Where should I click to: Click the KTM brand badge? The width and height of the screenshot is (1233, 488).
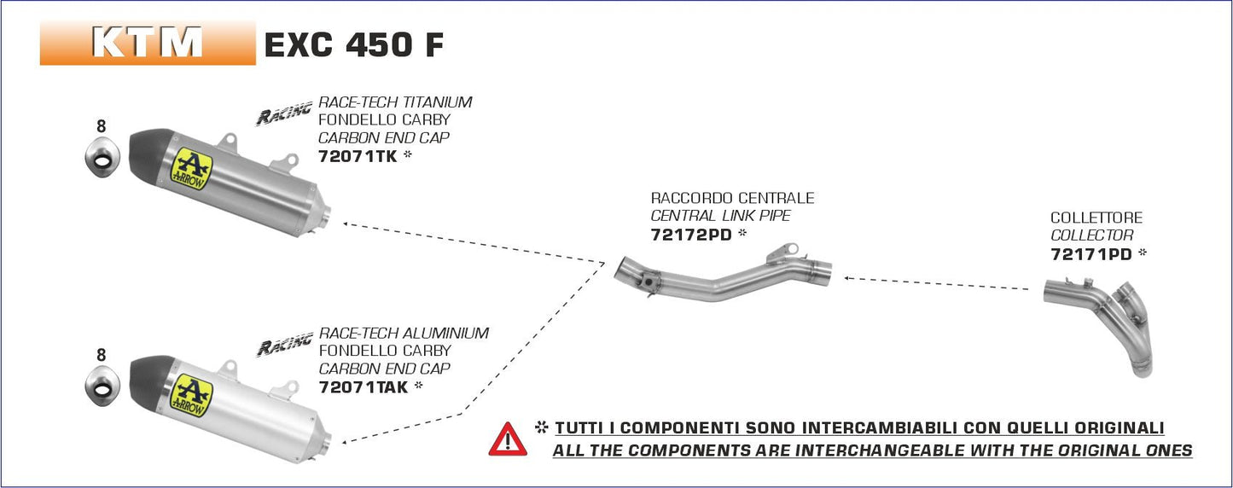pos(148,44)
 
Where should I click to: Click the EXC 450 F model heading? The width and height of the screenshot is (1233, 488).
pos(353,45)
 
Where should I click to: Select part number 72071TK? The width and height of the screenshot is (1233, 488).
pos(357,156)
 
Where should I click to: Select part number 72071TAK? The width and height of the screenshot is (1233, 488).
pos(363,386)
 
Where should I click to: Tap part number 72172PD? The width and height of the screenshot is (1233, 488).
pos(691,235)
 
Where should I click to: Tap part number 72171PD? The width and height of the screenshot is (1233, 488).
pos(1091,254)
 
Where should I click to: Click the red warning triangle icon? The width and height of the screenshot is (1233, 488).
pos(508,439)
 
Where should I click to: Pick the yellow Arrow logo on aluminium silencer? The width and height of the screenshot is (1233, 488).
pos(189,390)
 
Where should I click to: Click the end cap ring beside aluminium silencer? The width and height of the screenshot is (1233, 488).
pos(102,389)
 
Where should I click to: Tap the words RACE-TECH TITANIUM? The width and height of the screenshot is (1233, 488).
pos(394,102)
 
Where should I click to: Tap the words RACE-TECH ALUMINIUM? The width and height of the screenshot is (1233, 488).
pos(403,333)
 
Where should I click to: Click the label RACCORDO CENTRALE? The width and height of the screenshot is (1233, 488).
pos(732,198)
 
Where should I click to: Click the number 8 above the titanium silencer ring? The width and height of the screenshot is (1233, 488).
pos(101,126)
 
